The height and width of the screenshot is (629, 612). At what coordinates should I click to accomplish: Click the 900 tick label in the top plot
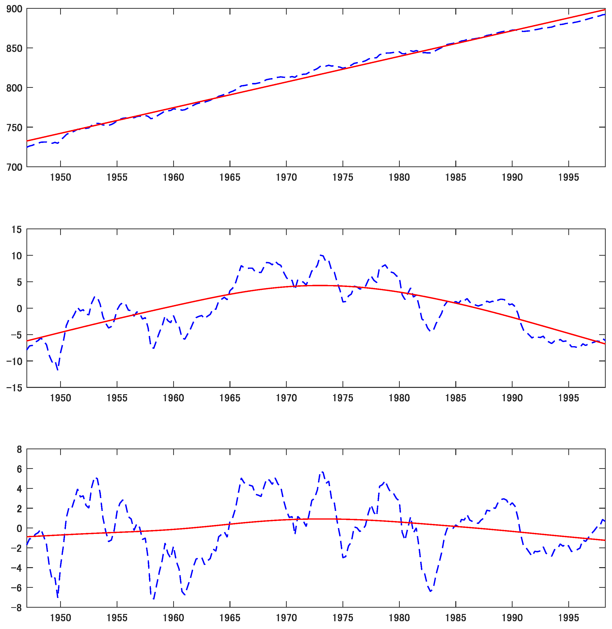pos(14,9)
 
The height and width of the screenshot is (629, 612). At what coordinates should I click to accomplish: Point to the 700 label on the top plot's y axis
pos(14,167)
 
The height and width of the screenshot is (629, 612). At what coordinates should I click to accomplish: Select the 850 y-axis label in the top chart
pos(14,49)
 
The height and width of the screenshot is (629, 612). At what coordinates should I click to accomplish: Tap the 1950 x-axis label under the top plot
pos(60,177)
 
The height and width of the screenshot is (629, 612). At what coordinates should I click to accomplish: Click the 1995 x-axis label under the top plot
pos(568,177)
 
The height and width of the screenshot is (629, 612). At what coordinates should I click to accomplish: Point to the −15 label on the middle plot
pos(14,388)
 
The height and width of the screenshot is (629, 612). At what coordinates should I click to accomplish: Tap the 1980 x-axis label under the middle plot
pos(399,398)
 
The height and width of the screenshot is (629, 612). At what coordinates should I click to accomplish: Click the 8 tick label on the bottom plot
pos(19,449)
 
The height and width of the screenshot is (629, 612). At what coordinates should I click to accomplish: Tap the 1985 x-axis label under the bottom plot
pos(456,618)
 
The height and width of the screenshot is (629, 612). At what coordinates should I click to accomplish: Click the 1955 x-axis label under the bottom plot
pos(117,618)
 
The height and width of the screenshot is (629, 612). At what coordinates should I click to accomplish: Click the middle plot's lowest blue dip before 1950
pos(57,370)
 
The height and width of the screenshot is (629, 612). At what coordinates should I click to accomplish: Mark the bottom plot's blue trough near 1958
pos(153,599)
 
